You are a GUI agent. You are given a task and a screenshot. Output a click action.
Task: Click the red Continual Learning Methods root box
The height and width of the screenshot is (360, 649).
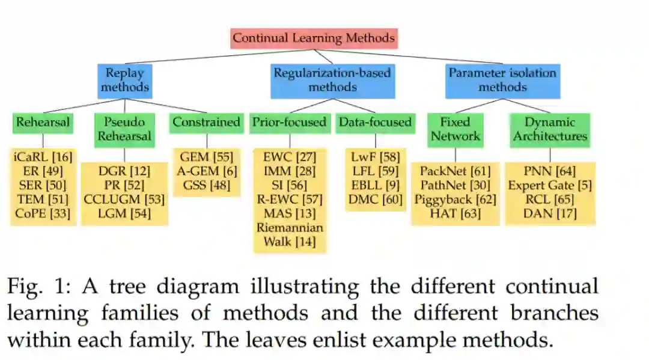(314, 38)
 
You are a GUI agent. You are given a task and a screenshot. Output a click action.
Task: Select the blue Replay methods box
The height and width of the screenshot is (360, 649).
(124, 81)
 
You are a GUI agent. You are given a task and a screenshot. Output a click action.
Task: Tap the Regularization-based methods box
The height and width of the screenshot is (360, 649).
(332, 81)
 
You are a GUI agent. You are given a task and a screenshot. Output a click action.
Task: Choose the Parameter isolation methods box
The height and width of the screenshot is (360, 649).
(502, 81)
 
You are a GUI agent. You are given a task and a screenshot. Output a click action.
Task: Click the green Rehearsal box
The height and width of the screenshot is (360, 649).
(43, 122)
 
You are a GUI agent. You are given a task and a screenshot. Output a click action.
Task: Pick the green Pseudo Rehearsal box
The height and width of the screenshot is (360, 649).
(125, 129)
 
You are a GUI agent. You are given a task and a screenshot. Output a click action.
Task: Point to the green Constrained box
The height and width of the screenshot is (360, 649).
(206, 122)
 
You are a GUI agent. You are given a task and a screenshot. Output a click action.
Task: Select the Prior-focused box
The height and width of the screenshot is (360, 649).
(290, 122)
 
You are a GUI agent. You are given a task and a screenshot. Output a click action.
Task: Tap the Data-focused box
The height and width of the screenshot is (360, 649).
(375, 122)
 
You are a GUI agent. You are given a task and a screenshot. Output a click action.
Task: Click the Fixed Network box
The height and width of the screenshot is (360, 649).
(455, 129)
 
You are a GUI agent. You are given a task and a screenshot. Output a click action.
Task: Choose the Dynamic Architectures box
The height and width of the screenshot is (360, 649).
(550, 129)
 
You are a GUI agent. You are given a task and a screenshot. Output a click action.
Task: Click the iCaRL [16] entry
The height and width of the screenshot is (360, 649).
(43, 157)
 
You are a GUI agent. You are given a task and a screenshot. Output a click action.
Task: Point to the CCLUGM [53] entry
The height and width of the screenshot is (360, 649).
(124, 199)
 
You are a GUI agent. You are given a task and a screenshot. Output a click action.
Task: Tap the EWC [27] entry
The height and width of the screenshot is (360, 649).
(290, 157)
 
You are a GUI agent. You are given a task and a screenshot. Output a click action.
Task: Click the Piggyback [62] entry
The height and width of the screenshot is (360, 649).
(455, 199)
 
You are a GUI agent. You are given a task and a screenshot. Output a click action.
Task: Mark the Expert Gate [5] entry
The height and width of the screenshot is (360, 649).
(550, 185)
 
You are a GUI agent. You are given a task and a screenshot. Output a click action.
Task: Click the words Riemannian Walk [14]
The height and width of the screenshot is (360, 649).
(290, 234)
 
